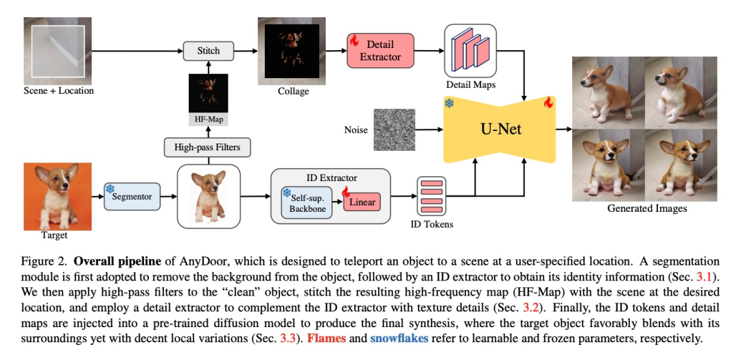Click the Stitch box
pos(209,51)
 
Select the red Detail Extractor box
pos(380,51)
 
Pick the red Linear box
pos(361,202)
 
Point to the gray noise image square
pos(395,129)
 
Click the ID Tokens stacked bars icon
pos(432,195)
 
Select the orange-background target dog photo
pos(58,196)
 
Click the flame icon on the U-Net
pos(548,103)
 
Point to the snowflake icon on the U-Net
pos(449,104)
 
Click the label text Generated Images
pos(647,208)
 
